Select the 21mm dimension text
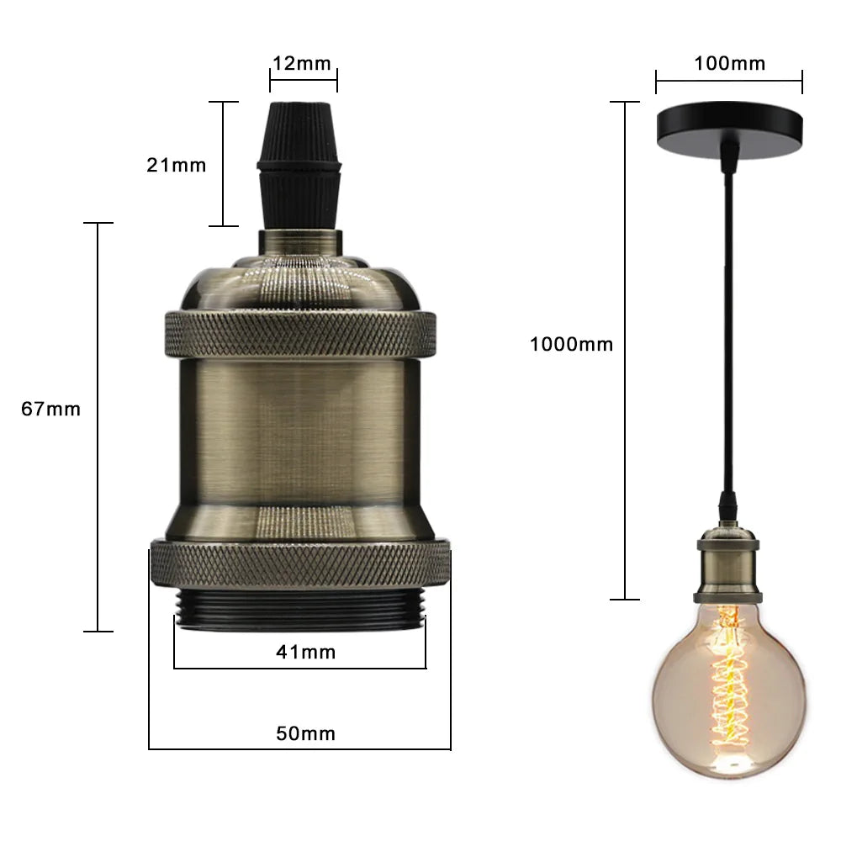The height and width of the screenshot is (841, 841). point(176,165)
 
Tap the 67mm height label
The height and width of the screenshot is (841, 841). point(51,410)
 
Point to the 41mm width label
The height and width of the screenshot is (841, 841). point(305,651)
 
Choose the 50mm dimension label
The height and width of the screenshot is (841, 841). point(305,733)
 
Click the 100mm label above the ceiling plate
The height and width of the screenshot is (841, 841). point(730,63)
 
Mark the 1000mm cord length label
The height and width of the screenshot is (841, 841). point(571,344)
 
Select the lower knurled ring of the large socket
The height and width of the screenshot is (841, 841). point(300,563)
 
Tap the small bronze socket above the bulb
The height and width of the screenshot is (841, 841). point(728,563)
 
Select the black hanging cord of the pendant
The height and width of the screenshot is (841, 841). point(728,336)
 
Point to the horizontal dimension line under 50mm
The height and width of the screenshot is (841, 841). point(300,748)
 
